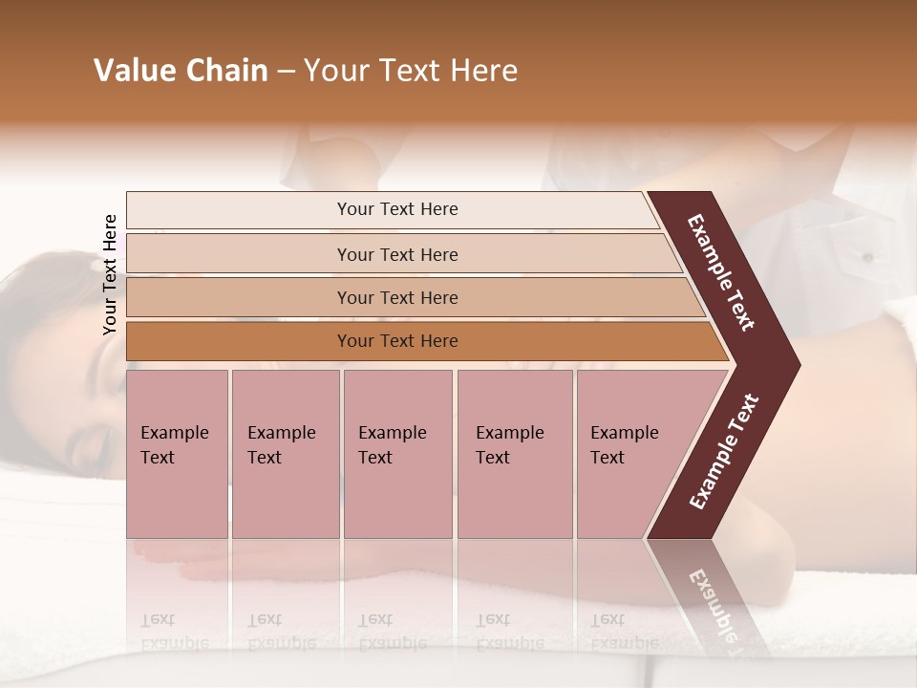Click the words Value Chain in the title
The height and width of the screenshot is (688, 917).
pyautogui.click(x=181, y=71)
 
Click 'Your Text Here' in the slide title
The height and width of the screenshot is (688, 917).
pyautogui.click(x=411, y=71)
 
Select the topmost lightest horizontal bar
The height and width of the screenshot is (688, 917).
pyautogui.click(x=239, y=210)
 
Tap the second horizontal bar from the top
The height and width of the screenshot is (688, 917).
pyautogui.click(x=239, y=254)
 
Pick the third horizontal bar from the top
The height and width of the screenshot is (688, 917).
pyautogui.click(x=239, y=297)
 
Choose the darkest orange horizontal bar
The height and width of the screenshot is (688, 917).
pyautogui.click(x=239, y=341)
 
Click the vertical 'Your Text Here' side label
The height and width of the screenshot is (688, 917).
pyautogui.click(x=110, y=274)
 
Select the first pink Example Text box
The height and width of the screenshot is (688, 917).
pyautogui.click(x=177, y=454)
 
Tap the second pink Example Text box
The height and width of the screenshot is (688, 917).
pyautogui.click(x=285, y=454)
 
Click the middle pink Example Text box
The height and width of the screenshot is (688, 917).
pyautogui.click(x=397, y=454)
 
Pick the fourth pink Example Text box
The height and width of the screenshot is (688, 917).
pyautogui.click(x=514, y=454)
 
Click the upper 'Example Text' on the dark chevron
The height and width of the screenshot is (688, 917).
pyautogui.click(x=721, y=272)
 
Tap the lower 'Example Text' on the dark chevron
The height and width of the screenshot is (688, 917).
pyautogui.click(x=724, y=452)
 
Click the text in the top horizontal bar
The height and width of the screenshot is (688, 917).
pyautogui.click(x=397, y=209)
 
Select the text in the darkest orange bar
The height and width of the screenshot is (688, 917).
pyautogui.click(x=397, y=341)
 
